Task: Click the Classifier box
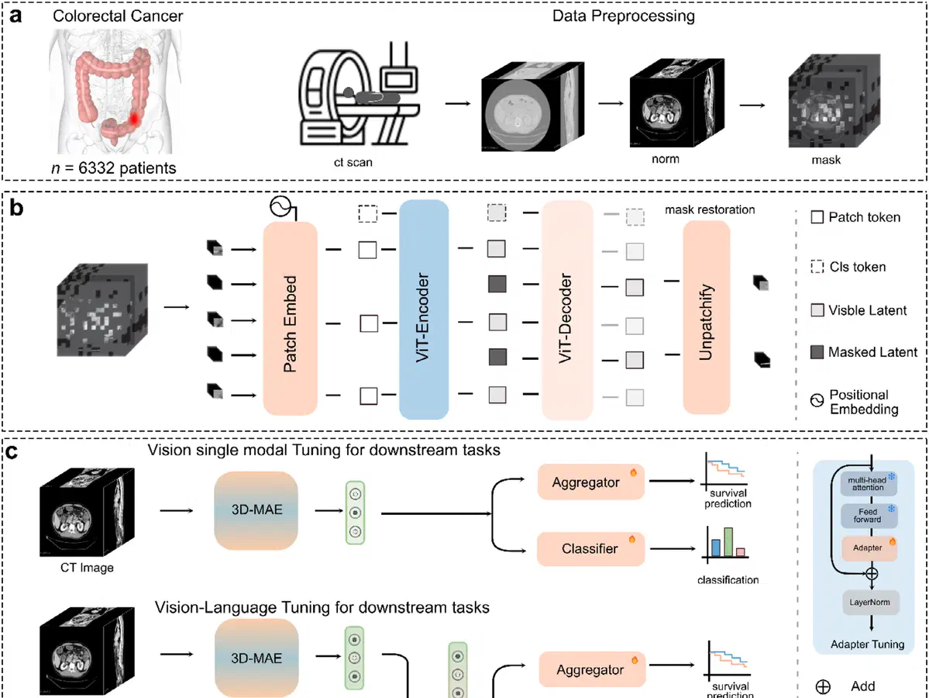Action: [590, 549]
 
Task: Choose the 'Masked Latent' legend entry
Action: [861, 352]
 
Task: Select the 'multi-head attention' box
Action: [867, 484]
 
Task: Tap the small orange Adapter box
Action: [867, 548]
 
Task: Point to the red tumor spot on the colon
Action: [134, 119]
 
